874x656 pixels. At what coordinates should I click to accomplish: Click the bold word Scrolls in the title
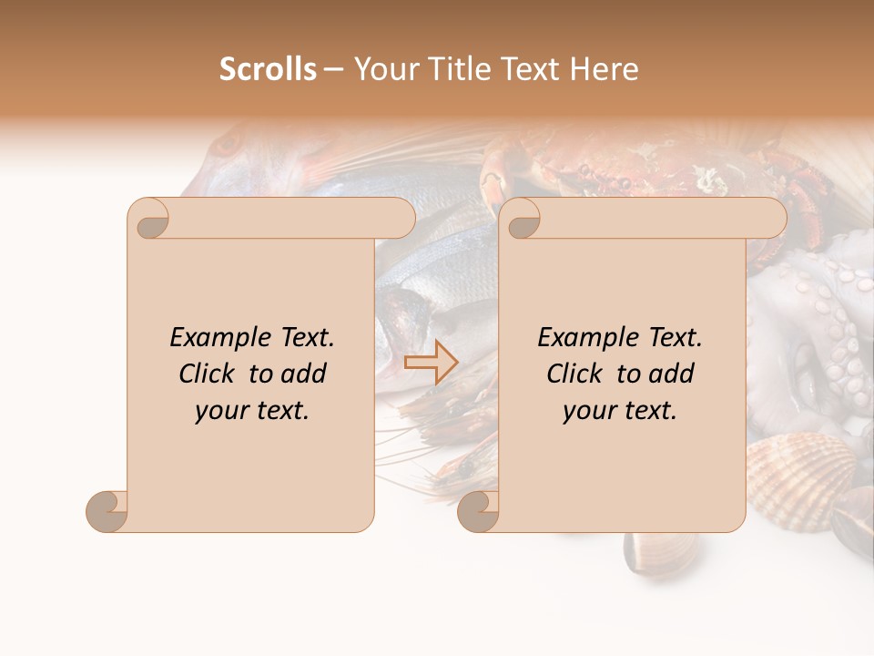click(x=268, y=69)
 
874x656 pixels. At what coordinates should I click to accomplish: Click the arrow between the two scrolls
click(x=432, y=362)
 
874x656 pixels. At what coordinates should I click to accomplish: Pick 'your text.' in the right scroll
click(x=620, y=411)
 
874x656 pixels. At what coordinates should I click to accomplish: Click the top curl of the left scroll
click(x=149, y=220)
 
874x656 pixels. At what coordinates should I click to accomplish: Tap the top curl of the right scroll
click(x=522, y=220)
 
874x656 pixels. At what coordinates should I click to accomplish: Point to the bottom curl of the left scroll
click(x=107, y=511)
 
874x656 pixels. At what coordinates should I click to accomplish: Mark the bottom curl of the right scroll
click(x=478, y=511)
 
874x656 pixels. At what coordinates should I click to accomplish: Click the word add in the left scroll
click(x=302, y=374)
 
